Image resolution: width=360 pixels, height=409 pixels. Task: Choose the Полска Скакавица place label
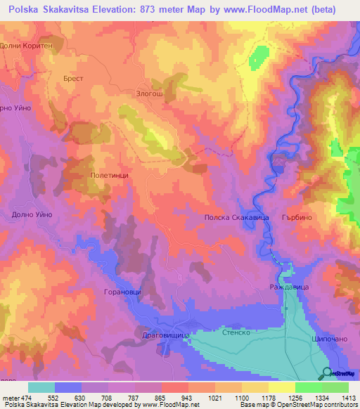pos(237,219)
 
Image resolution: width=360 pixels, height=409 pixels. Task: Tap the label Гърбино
pos(296,219)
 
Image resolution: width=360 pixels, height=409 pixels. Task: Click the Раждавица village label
pos(289,288)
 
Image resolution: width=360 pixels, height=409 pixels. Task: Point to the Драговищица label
pos(162,336)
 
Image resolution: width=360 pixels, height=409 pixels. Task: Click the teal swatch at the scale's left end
pos(41,387)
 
